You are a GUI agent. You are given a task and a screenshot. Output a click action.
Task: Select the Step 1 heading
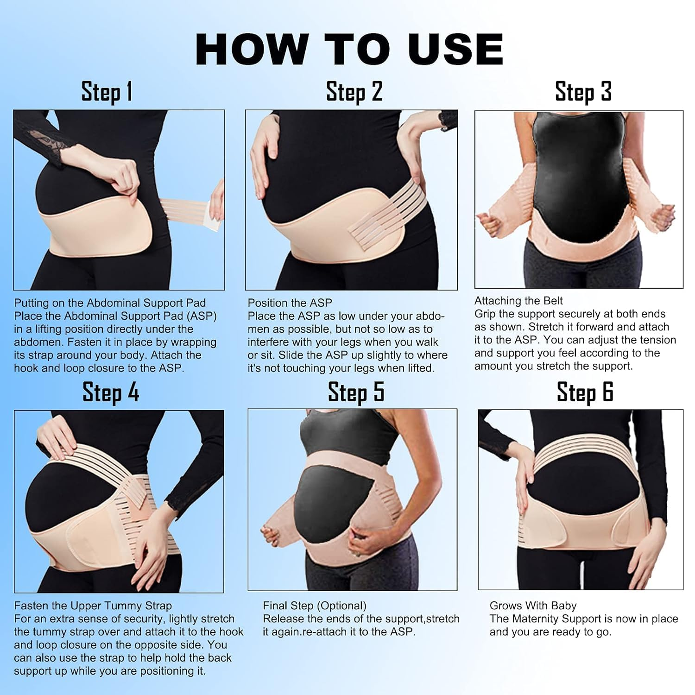(107, 91)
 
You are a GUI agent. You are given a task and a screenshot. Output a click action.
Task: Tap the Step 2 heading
(354, 91)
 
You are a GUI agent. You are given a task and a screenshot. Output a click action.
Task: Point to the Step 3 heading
(583, 91)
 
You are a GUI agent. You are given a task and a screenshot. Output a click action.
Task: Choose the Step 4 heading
(111, 392)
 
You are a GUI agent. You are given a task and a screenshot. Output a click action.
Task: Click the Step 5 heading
(356, 392)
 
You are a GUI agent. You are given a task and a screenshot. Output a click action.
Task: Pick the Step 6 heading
(585, 392)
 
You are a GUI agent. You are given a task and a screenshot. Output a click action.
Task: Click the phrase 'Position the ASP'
(290, 303)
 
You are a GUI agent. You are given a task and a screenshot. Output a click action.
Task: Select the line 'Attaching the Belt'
(518, 301)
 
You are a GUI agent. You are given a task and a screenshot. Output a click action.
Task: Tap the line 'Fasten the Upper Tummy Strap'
(93, 606)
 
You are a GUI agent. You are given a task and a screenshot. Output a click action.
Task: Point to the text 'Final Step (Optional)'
(315, 606)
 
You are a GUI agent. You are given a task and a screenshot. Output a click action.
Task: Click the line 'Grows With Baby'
(533, 606)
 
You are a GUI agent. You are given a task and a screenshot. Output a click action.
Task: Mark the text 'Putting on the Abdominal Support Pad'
(110, 303)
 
